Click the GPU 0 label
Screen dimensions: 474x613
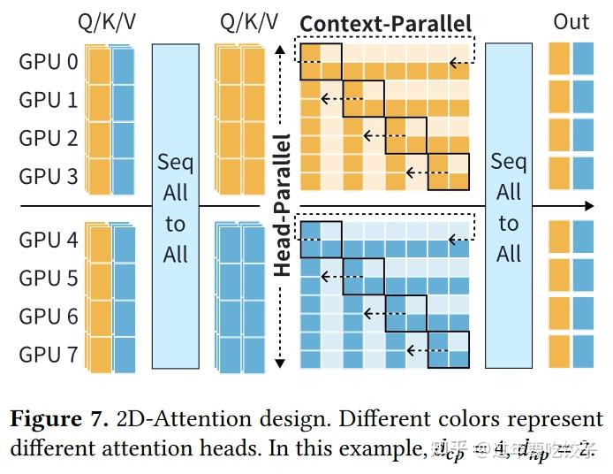coord(49,62)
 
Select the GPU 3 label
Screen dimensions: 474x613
coord(49,176)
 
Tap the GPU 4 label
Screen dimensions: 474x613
coord(49,240)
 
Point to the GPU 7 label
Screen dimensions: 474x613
coord(49,355)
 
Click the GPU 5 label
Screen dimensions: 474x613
coord(49,278)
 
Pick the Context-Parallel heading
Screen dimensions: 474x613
coord(386,24)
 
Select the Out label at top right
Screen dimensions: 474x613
coord(571,22)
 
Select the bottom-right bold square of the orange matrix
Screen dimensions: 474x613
coord(449,172)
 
